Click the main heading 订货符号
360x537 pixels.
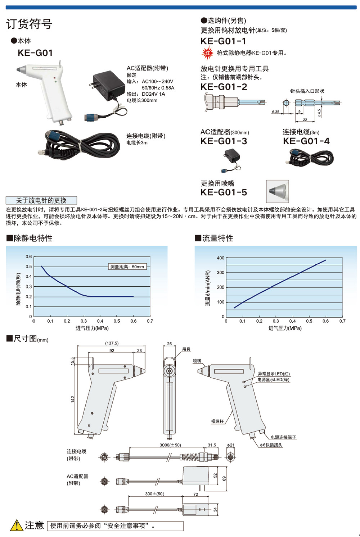pyautogui.click(x=29, y=24)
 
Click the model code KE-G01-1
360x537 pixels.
pyautogui.click(x=223, y=41)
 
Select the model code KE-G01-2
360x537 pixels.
pyautogui.click(x=224, y=87)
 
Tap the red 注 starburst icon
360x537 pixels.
pyautogui.click(x=207, y=53)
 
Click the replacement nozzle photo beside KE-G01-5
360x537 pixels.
pyautogui.click(x=277, y=191)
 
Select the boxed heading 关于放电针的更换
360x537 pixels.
pyautogui.click(x=41, y=200)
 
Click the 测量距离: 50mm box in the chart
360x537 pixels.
pyautogui.click(x=127, y=267)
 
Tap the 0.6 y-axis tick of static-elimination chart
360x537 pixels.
pyautogui.click(x=28, y=256)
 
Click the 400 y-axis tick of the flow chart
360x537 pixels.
pyautogui.click(x=220, y=258)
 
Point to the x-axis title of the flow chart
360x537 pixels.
pyautogui.click(x=285, y=328)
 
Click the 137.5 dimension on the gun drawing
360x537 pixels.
pyautogui.click(x=112, y=343)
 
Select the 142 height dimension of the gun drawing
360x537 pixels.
pyautogui.click(x=73, y=399)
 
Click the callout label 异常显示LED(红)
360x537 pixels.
pyautogui.click(x=274, y=374)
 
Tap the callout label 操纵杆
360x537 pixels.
pyautogui.click(x=217, y=421)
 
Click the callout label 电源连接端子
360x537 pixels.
pyautogui.click(x=283, y=437)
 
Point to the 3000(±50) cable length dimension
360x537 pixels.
pyautogui.click(x=170, y=445)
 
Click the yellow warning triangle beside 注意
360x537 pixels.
pyautogui.click(x=17, y=525)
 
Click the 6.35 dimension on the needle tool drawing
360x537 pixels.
pyautogui.click(x=275, y=112)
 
